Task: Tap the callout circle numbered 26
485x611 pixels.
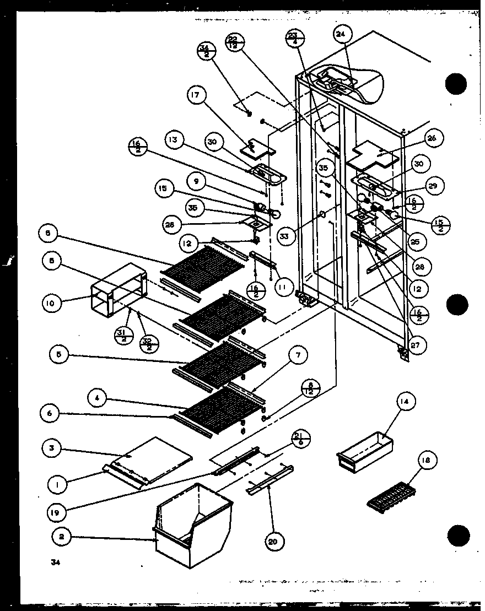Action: [x=431, y=139]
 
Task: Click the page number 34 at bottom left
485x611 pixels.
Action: [x=55, y=562]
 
